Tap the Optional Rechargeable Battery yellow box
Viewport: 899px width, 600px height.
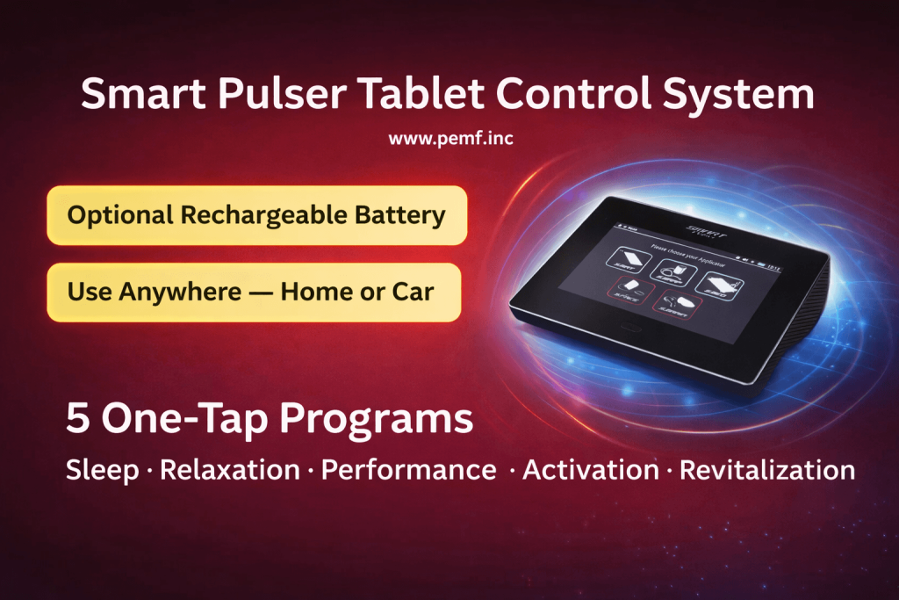[256, 215]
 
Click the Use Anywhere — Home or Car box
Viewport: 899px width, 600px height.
[253, 292]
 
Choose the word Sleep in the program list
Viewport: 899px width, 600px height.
[102, 470]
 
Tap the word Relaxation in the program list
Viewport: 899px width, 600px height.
[229, 470]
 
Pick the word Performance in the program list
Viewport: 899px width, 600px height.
[408, 470]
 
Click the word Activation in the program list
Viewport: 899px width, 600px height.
[590, 470]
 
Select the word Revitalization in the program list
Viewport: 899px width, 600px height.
[767, 470]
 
